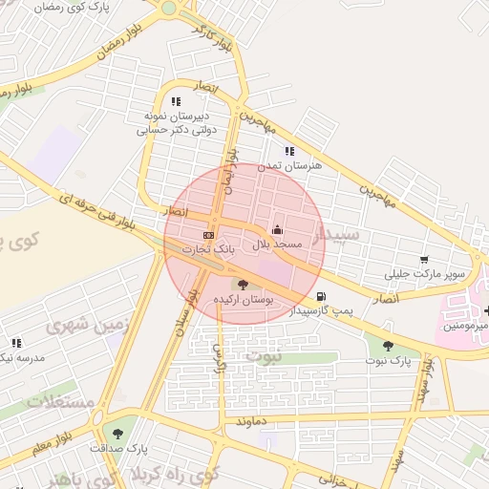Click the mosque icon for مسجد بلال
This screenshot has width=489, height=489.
pyautogui.click(x=277, y=229)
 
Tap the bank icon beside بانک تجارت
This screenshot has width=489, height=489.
pyautogui.click(x=208, y=235)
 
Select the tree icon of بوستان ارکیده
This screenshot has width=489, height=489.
pyautogui.click(x=242, y=285)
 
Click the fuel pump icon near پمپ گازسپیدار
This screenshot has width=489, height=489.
pyautogui.click(x=319, y=296)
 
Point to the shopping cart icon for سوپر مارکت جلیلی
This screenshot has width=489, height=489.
pyautogui.click(x=424, y=259)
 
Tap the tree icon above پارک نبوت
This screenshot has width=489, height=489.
pyautogui.click(x=387, y=347)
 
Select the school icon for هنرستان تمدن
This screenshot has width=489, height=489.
pyautogui.click(x=289, y=151)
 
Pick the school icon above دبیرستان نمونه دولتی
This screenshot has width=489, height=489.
pyautogui.click(x=175, y=100)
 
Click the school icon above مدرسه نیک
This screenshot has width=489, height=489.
pyautogui.click(x=16, y=343)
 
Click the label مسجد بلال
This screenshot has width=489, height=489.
pyautogui.click(x=277, y=244)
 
